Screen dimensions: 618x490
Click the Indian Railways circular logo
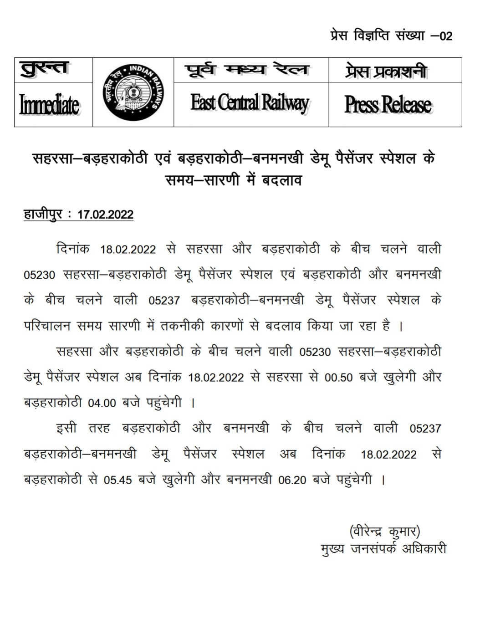[133, 92]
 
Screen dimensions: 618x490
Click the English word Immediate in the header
[49, 105]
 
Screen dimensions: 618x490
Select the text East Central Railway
[250, 103]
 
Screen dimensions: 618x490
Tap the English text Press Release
[388, 104]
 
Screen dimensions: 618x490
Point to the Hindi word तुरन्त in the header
[45, 69]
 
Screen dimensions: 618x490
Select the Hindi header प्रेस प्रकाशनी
[386, 71]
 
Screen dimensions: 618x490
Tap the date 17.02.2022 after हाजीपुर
[105, 215]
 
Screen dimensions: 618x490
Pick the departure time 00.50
[338, 378]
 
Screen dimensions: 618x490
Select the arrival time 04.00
[102, 403]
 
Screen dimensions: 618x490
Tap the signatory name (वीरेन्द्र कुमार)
[384, 531]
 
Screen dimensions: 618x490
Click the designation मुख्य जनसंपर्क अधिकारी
[383, 549]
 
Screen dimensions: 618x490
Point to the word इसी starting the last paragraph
[66, 429]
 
